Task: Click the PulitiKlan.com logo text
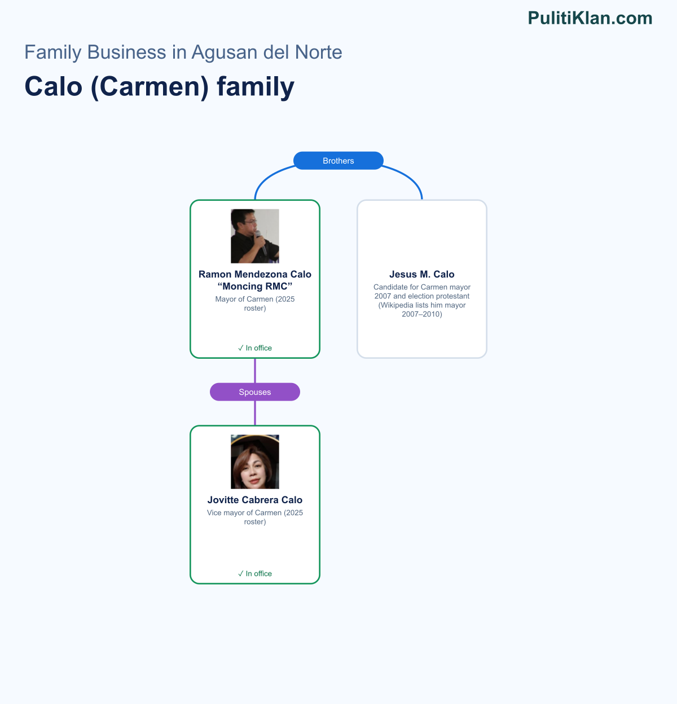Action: (590, 18)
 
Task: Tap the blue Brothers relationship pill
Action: (338, 161)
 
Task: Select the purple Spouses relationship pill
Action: (255, 392)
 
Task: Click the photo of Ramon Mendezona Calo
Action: (255, 236)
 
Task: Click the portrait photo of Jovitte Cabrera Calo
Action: (255, 461)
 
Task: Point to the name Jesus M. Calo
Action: (422, 274)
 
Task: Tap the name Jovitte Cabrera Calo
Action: (255, 500)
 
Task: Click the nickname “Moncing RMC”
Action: (255, 286)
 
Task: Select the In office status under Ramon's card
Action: (255, 347)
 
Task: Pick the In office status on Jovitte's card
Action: (255, 573)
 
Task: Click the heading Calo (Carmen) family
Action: (160, 87)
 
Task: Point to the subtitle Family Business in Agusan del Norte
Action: (183, 52)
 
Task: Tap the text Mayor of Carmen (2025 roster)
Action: (255, 303)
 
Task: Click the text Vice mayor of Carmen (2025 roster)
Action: (255, 517)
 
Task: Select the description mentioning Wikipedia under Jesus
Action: (422, 300)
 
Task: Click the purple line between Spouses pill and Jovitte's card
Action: (255, 413)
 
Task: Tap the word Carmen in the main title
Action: (150, 87)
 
